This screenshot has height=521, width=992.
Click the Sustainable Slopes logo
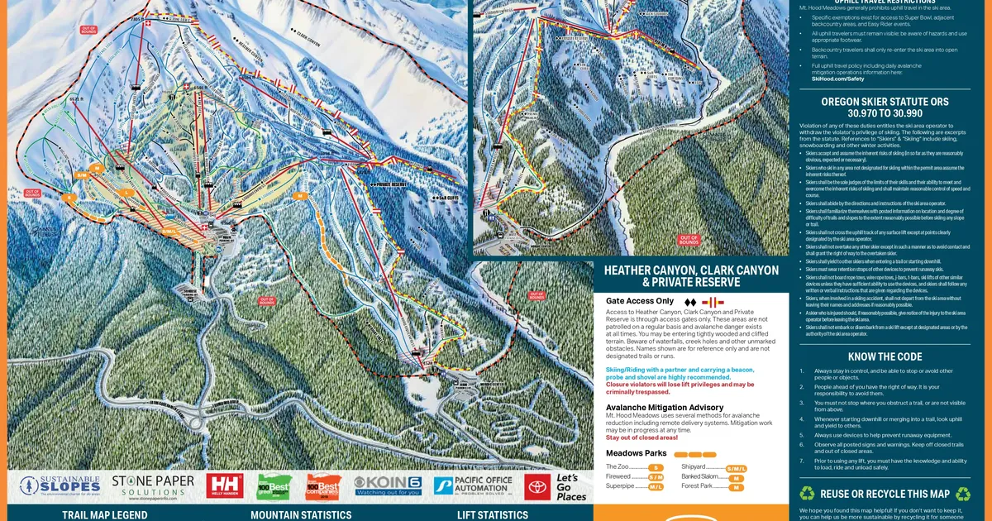(x=60, y=485)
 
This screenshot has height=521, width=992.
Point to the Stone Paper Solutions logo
(x=153, y=485)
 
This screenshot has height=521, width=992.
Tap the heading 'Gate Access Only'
(x=639, y=301)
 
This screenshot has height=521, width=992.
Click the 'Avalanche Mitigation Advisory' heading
(x=665, y=408)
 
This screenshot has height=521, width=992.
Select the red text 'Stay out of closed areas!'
(x=641, y=437)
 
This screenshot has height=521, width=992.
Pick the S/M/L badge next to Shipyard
(x=735, y=468)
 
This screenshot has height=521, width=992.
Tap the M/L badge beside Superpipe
(x=656, y=487)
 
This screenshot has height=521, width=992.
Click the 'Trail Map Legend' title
(x=93, y=514)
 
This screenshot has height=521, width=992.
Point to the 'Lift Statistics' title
(x=492, y=514)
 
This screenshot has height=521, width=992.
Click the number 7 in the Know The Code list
(x=802, y=461)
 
